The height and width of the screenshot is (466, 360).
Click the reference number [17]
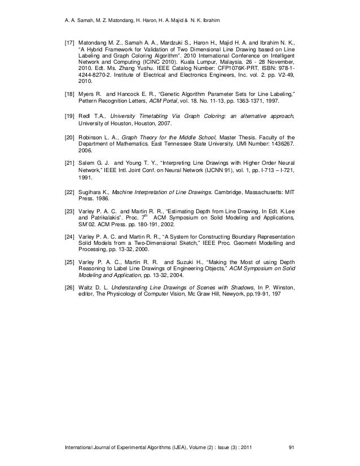(67, 42)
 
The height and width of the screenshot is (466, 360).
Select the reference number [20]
(67, 137)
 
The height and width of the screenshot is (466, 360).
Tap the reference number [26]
(67, 287)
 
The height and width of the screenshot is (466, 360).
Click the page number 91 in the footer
(291, 448)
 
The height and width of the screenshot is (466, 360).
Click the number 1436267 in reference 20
(280, 144)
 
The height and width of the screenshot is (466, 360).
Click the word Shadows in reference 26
(239, 287)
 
